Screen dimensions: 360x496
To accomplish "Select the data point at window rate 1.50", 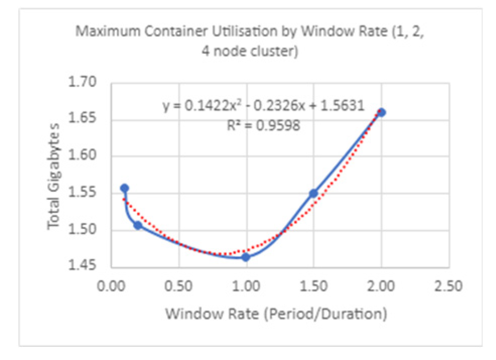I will [313, 193].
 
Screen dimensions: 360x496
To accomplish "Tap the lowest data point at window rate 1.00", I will [246, 257].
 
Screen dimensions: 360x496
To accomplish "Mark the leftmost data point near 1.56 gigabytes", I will [124, 188].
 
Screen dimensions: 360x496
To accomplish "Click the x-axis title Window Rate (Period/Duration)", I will [276, 315].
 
